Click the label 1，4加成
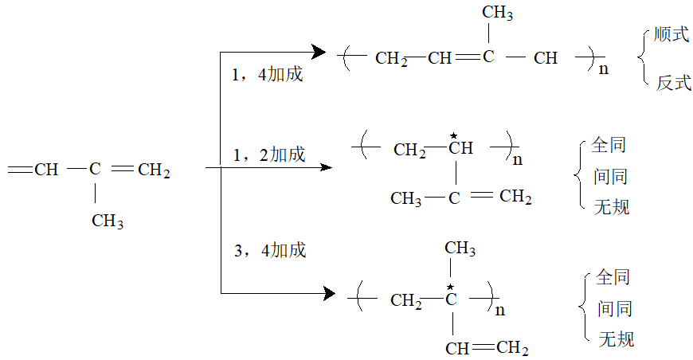coord(267,76)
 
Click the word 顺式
coord(672,36)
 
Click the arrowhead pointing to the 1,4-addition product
coord(319,53)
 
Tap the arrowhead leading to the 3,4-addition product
coord(327,293)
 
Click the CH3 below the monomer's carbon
coord(108,221)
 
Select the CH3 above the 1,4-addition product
coord(498,14)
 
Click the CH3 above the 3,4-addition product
coord(460,249)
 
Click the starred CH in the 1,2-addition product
coord(460,149)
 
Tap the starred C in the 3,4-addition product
coord(450,300)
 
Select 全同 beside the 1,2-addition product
coord(609,146)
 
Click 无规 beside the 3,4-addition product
coord(617,340)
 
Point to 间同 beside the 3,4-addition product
coord(615,309)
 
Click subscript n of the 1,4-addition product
coord(603,68)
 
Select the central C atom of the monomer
coord(95,169)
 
